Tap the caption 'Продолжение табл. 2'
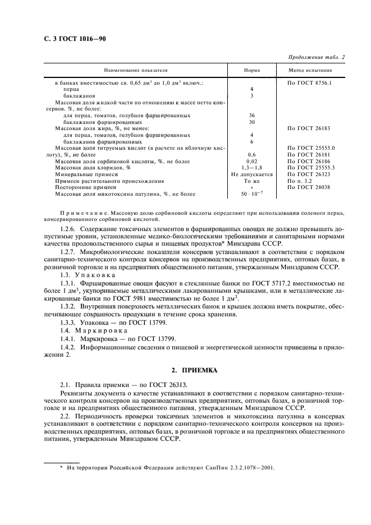pyautogui.click(x=317, y=57)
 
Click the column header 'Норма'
pyautogui.click(x=251, y=71)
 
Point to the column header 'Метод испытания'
pyautogui.click(x=310, y=71)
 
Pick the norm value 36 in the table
pyautogui.click(x=251, y=115)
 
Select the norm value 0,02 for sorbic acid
pyautogui.click(x=251, y=161)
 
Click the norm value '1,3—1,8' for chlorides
pyautogui.click(x=251, y=168)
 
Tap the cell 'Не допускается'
pyautogui.click(x=251, y=174)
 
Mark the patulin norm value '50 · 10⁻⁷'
pyautogui.click(x=251, y=195)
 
